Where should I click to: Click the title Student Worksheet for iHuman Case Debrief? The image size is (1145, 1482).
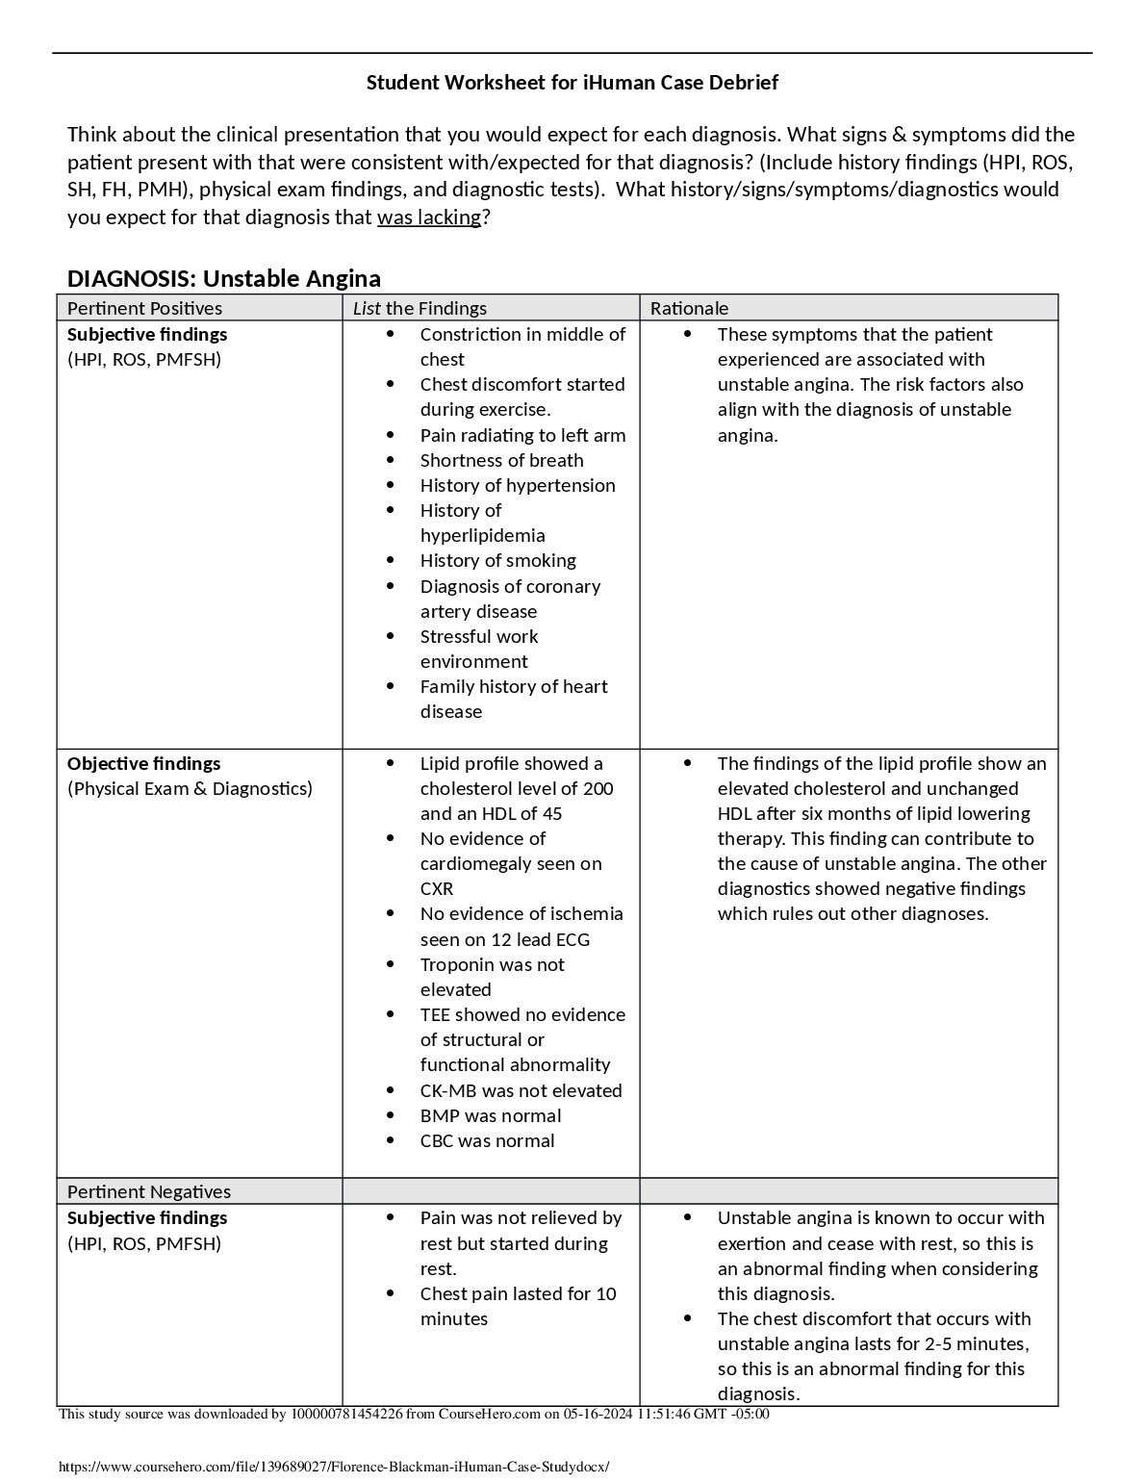pos(572,83)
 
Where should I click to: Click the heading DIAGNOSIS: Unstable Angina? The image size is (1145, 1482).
pos(223,279)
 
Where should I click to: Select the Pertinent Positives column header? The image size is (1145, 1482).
pos(144,308)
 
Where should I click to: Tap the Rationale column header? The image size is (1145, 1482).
pos(689,308)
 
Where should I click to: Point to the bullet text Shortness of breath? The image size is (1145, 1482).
pos(501,460)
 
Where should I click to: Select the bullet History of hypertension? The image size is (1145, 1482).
pos(517,485)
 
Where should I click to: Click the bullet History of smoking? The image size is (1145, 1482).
pos(497,560)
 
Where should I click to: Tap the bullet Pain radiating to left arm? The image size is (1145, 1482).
pos(522,435)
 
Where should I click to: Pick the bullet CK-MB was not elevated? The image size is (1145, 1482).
pos(521,1090)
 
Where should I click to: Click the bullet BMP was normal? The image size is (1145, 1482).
pos(490,1115)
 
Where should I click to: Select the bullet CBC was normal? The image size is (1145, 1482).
pos(487,1140)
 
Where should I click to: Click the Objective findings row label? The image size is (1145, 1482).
pos(143,763)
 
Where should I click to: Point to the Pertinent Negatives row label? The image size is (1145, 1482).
pos(148,1191)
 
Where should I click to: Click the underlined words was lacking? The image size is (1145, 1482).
pos(428,217)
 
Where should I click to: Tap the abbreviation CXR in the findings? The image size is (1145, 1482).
pos(437,888)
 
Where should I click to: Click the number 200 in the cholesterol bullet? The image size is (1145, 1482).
pos(598,788)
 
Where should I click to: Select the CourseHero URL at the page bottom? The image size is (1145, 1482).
pos(334,1468)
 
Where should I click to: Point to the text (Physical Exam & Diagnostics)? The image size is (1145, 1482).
pos(190,788)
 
